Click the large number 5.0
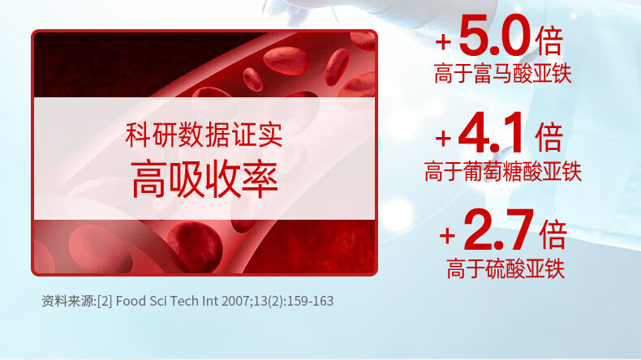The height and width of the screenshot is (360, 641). [x=495, y=35]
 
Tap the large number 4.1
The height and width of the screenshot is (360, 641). [x=492, y=132]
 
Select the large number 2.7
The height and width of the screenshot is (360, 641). [x=499, y=229]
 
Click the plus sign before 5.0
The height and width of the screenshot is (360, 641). [x=443, y=41]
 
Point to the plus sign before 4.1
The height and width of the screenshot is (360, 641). [x=443, y=139]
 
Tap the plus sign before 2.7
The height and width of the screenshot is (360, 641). [x=447, y=236]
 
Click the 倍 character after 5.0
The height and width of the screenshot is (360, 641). [x=549, y=41]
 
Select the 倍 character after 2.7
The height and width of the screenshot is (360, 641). [x=553, y=234]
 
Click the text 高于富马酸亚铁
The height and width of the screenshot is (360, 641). [x=503, y=74]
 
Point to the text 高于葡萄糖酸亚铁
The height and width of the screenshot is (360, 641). [x=503, y=171]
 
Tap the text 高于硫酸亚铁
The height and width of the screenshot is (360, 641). [x=505, y=268]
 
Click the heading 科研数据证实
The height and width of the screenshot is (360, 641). [x=204, y=135]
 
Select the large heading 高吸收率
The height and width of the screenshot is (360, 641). [x=204, y=180]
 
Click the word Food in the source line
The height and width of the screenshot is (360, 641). [x=131, y=301]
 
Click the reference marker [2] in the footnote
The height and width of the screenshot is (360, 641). [x=105, y=301]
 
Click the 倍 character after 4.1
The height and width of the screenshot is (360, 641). [x=549, y=137]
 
